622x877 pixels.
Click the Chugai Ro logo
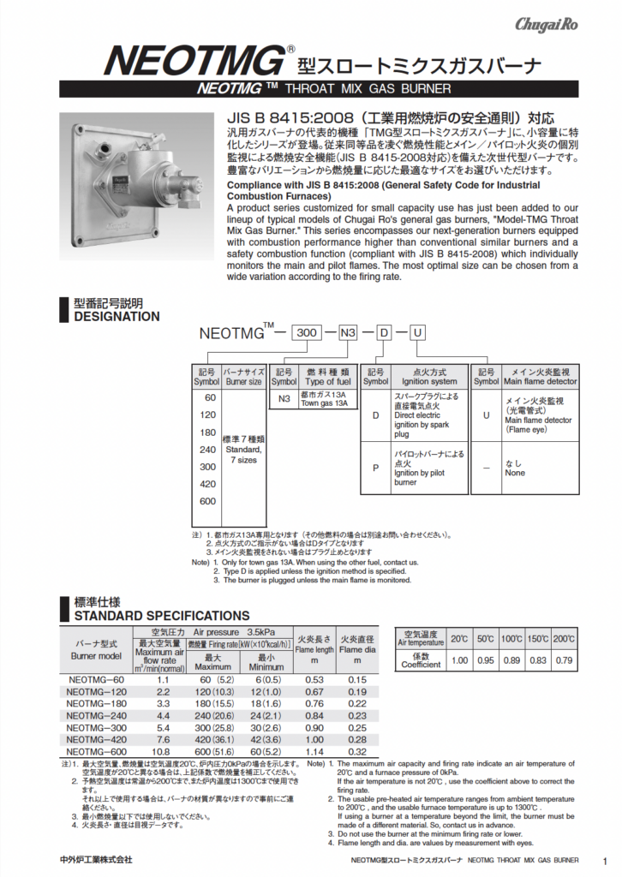546,25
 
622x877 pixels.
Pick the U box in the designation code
418,333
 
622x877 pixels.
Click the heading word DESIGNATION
117,316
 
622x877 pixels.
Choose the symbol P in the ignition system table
374,468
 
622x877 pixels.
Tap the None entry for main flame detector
515,472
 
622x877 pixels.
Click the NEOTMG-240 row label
97,716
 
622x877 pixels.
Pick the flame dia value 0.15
357,680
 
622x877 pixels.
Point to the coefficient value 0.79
564,660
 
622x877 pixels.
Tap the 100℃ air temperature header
511,639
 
